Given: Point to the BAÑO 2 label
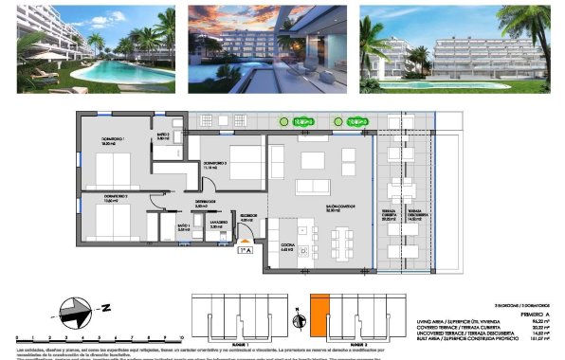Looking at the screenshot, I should [x=163, y=135].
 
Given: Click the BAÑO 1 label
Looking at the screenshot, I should [x=185, y=226].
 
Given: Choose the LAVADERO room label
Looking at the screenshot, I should [x=215, y=226].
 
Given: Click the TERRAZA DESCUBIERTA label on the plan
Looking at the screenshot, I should [x=418, y=214].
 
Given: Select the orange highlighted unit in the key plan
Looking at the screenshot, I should [x=319, y=314].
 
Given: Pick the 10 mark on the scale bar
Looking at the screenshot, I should [x=179, y=336].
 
